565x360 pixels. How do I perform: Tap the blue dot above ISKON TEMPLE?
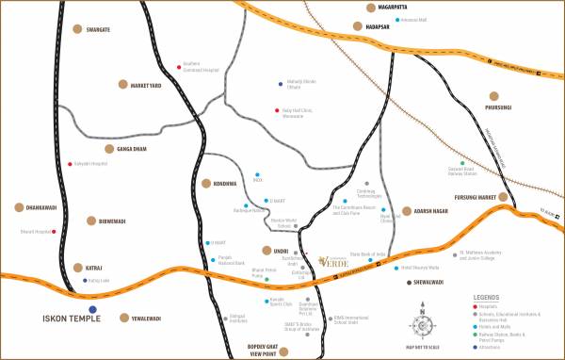(91, 308)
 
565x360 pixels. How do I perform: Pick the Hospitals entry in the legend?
(492, 304)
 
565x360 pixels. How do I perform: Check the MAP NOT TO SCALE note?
(424, 348)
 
